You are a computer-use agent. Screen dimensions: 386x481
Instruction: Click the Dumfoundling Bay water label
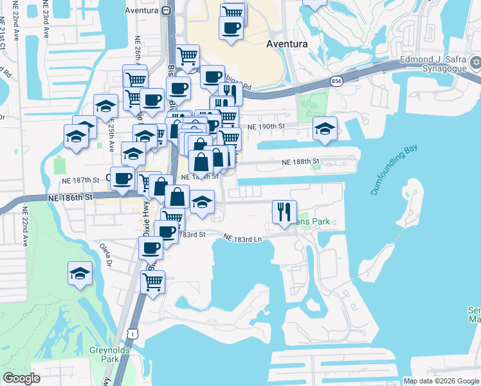pos(394,170)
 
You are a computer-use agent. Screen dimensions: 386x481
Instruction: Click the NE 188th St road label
pos(300,163)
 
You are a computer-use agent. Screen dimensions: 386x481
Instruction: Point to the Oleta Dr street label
pos(106,255)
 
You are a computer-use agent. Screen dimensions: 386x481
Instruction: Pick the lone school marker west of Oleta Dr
pos(80,273)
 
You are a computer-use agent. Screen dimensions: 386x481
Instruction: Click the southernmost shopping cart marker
pos(152,280)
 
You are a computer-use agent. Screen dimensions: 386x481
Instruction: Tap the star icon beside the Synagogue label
pos(476,62)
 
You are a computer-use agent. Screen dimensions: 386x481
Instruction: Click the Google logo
pos(21,378)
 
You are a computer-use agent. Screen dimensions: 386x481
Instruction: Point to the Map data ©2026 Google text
pos(440,381)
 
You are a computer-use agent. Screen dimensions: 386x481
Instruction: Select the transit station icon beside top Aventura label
pos(166,10)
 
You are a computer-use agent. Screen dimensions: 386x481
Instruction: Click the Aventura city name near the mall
pos(287,44)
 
